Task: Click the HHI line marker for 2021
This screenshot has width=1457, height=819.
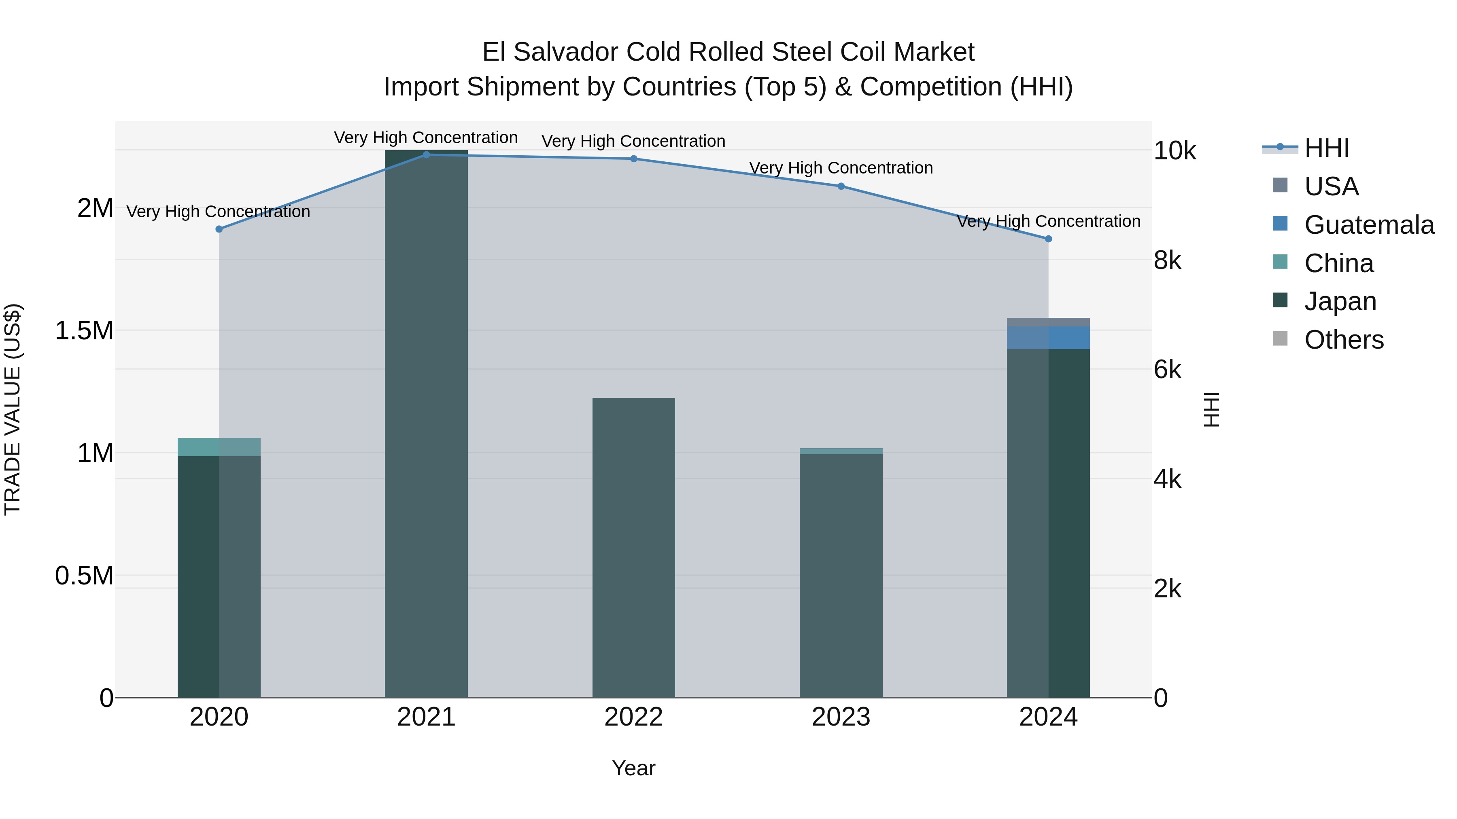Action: pyautogui.click(x=427, y=154)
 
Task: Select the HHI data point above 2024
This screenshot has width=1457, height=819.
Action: pyautogui.click(x=1048, y=239)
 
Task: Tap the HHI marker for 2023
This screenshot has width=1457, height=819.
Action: pyautogui.click(x=841, y=186)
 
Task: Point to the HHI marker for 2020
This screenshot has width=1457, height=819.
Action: pyautogui.click(x=219, y=229)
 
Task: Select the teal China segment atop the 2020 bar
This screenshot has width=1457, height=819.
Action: pyautogui.click(x=219, y=447)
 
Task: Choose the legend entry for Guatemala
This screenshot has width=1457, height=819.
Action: pyautogui.click(x=1369, y=225)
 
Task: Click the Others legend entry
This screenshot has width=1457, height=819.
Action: pyautogui.click(x=1344, y=340)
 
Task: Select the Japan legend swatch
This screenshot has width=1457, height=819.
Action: pyautogui.click(x=1280, y=300)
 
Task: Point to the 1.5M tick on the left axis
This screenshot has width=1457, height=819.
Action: pyautogui.click(x=84, y=331)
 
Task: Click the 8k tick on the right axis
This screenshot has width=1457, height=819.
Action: pyautogui.click(x=1167, y=260)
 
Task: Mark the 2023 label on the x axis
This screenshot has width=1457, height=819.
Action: pyautogui.click(x=841, y=717)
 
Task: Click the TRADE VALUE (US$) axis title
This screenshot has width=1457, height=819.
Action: pyautogui.click(x=13, y=409)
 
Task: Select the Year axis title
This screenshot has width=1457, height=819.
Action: pyautogui.click(x=633, y=768)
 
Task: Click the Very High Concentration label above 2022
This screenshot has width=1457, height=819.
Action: pyautogui.click(x=633, y=141)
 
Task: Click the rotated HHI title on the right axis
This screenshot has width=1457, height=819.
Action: pyautogui.click(x=1211, y=409)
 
